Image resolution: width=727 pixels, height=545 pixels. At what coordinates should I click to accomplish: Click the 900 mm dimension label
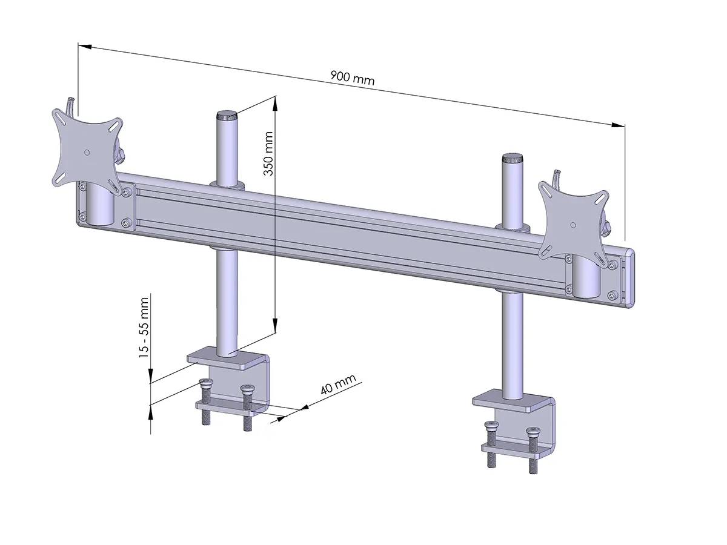(x=353, y=78)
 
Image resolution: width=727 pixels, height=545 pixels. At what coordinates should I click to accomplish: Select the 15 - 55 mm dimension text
(x=144, y=327)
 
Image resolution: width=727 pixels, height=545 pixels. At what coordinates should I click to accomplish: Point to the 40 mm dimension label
(x=338, y=385)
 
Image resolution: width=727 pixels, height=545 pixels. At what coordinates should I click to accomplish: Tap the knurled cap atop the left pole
(x=227, y=114)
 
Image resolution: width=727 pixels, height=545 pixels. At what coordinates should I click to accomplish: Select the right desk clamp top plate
(x=512, y=402)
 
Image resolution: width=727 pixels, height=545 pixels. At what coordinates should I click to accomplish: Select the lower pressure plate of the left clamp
(x=225, y=407)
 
